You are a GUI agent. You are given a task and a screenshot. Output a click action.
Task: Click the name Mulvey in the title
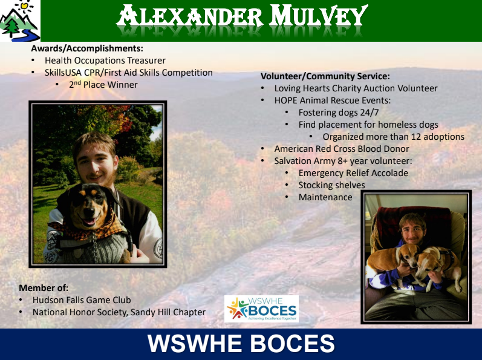click(x=318, y=15)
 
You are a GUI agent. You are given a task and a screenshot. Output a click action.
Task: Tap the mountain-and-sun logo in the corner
click(x=20, y=21)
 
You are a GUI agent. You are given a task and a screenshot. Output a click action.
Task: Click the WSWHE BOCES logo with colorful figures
click(x=262, y=309)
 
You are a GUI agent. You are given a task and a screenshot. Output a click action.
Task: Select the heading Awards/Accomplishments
click(x=87, y=48)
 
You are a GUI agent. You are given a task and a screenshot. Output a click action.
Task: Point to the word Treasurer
click(x=146, y=61)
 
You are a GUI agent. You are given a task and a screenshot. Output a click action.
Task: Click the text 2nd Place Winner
click(x=103, y=85)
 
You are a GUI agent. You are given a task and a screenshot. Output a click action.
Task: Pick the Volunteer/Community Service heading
click(x=325, y=76)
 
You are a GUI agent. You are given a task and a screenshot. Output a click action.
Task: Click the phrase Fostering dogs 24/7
click(x=339, y=113)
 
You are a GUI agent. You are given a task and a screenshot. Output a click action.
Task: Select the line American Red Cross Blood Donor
click(x=342, y=149)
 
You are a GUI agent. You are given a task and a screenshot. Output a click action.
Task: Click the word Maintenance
click(x=325, y=197)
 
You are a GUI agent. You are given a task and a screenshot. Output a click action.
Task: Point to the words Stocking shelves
click(x=331, y=185)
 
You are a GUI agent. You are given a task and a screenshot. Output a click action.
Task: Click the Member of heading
click(x=44, y=288)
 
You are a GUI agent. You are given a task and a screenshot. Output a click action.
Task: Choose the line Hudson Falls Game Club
click(x=82, y=300)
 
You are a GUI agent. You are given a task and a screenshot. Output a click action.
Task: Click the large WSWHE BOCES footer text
click(x=241, y=344)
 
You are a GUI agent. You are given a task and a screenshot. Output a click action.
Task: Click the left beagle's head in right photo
click(x=407, y=255)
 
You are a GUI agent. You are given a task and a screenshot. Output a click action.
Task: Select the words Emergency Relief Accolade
click(x=353, y=173)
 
